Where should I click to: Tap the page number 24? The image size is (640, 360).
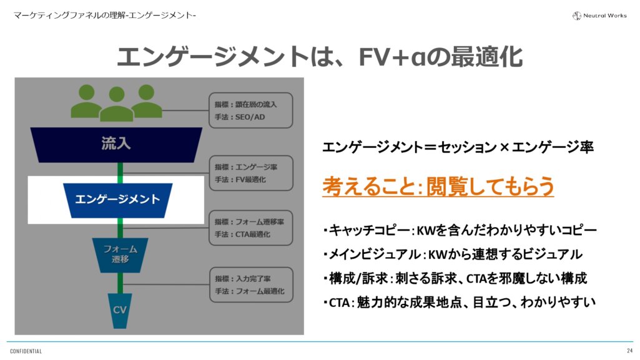629,351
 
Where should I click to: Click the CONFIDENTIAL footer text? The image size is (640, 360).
26,351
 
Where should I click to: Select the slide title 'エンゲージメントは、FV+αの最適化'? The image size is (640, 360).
319,57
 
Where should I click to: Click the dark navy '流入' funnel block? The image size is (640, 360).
116,144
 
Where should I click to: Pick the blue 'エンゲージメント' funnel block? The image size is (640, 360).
117,200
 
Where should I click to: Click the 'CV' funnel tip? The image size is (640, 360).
119,310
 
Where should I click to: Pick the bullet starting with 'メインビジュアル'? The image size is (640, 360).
452,255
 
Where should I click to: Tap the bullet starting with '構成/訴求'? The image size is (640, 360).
455,278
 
